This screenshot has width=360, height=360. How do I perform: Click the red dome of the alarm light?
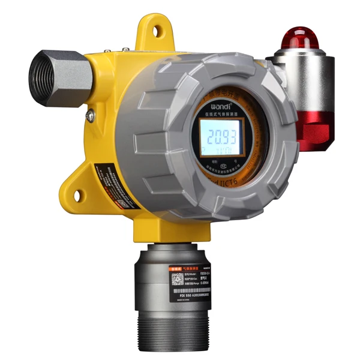[301, 37]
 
